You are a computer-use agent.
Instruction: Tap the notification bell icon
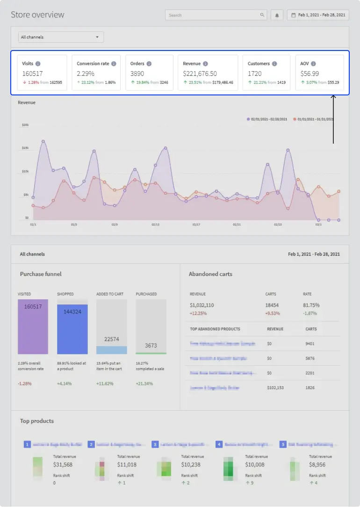(277, 15)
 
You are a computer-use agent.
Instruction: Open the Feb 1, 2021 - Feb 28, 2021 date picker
(318, 15)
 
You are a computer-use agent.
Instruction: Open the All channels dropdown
(61, 37)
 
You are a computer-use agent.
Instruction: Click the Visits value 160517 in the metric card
(32, 73)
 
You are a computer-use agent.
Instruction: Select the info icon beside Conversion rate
(114, 64)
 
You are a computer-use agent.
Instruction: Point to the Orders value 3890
(137, 73)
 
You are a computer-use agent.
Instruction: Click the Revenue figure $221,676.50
(200, 73)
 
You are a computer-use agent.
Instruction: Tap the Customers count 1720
(254, 73)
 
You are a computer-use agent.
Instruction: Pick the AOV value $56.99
(310, 73)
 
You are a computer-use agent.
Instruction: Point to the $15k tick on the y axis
(25, 148)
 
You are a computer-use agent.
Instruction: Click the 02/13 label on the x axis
(156, 225)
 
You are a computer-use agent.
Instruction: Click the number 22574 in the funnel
(111, 339)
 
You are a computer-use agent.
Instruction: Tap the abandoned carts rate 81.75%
(312, 305)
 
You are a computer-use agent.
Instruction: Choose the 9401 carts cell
(310, 344)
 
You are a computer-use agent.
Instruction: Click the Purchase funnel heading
(41, 274)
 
